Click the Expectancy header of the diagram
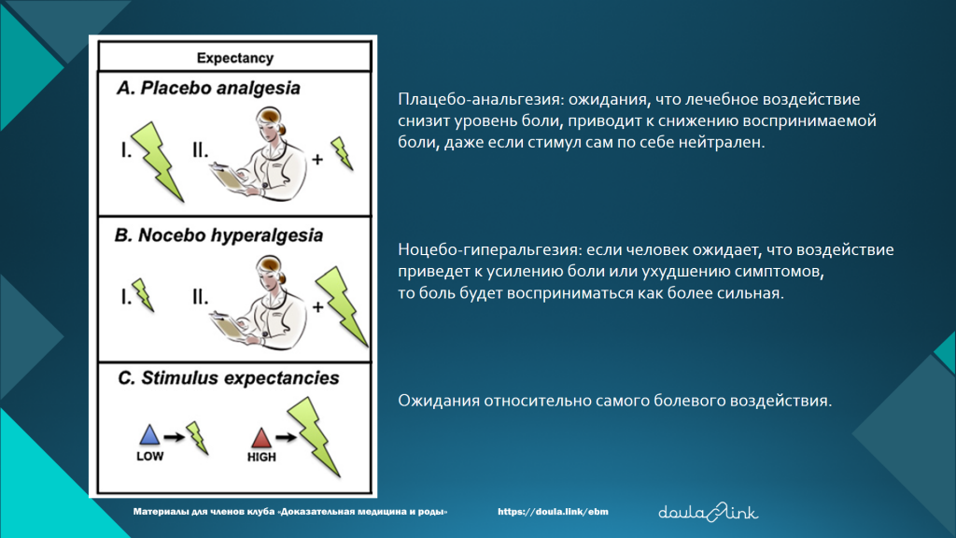(x=234, y=58)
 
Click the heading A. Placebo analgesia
(x=208, y=89)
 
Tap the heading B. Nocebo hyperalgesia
(x=218, y=235)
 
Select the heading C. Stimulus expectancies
(x=228, y=378)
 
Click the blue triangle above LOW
(x=149, y=434)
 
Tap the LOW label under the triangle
(x=150, y=456)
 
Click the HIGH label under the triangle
(x=261, y=457)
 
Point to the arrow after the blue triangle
(x=174, y=437)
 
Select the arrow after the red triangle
(x=286, y=437)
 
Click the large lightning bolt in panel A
(x=158, y=162)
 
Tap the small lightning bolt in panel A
(x=342, y=153)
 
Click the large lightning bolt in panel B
(x=342, y=306)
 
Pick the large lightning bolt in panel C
(x=314, y=437)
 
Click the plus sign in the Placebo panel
(x=317, y=160)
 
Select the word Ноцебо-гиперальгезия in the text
(x=490, y=249)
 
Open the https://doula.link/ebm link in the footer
(x=553, y=512)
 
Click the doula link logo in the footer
(x=709, y=512)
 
